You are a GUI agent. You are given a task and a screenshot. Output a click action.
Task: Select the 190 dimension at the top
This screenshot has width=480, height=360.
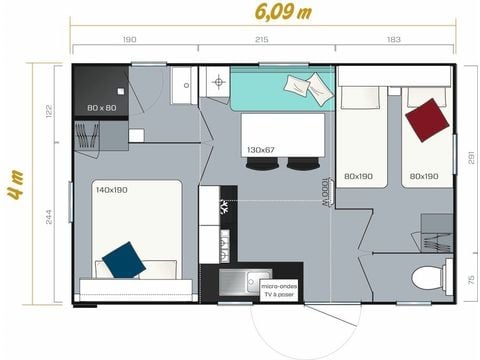tap(129, 40)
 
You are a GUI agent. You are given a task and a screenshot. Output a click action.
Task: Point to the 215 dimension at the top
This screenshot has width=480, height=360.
tap(262, 40)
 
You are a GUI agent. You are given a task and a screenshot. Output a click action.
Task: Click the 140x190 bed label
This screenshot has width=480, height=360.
tap(111, 189)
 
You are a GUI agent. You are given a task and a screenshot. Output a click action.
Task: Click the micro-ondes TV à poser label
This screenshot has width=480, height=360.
tap(280, 290)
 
